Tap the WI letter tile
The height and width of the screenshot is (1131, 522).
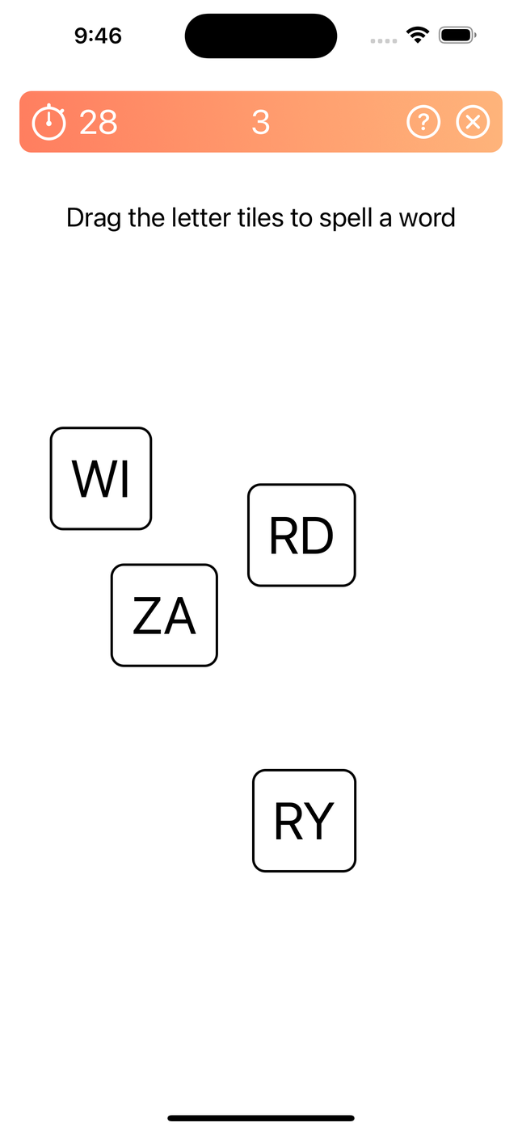tap(101, 478)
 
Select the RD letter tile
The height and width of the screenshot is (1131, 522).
tap(301, 535)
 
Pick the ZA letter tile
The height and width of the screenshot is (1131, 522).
tap(164, 615)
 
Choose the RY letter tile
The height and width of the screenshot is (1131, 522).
tap(304, 821)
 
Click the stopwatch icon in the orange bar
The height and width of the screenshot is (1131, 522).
tap(48, 122)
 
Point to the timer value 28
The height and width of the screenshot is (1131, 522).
tap(99, 122)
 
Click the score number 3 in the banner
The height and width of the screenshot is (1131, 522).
tap(260, 122)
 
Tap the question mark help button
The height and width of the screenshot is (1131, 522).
tap(423, 122)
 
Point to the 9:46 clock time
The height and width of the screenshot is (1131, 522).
tap(98, 36)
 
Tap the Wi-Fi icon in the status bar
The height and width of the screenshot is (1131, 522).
tap(418, 36)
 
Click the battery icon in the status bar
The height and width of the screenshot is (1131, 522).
tap(458, 36)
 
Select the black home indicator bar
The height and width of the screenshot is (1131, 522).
tap(261, 1118)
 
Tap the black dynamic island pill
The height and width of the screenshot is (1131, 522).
tap(261, 36)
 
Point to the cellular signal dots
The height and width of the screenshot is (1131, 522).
tap(383, 40)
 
